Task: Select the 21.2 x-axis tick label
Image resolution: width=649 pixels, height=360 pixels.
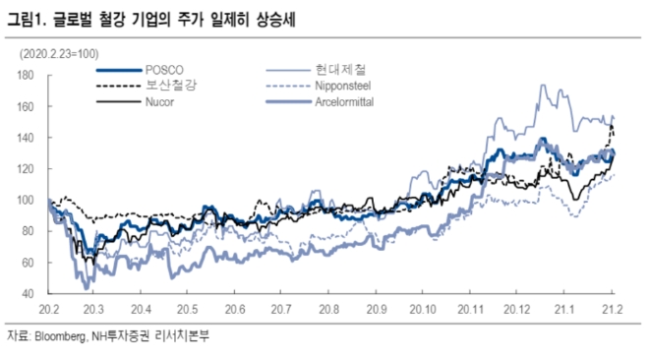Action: point(613,308)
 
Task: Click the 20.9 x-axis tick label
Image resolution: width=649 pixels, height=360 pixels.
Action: point(377,308)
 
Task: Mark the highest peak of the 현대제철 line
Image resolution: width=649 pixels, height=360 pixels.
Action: point(542,86)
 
